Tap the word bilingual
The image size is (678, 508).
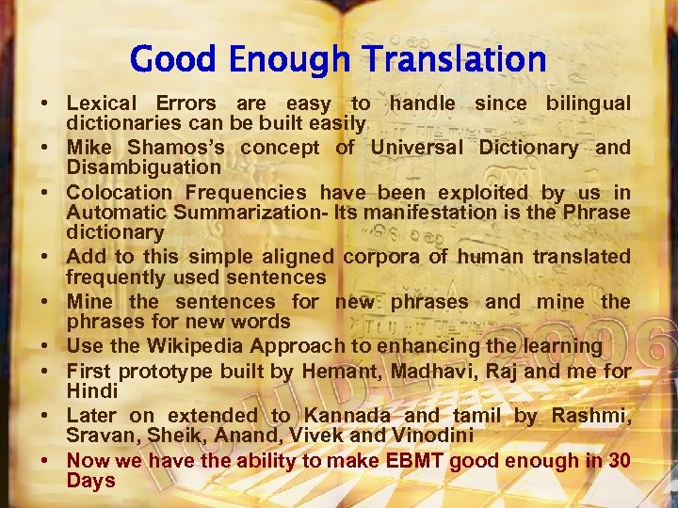589,103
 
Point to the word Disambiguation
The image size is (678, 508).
143,167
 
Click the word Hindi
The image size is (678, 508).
91,390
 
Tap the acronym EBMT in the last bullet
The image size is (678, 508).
410,461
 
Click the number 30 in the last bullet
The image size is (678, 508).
620,461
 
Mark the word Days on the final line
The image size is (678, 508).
90,481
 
